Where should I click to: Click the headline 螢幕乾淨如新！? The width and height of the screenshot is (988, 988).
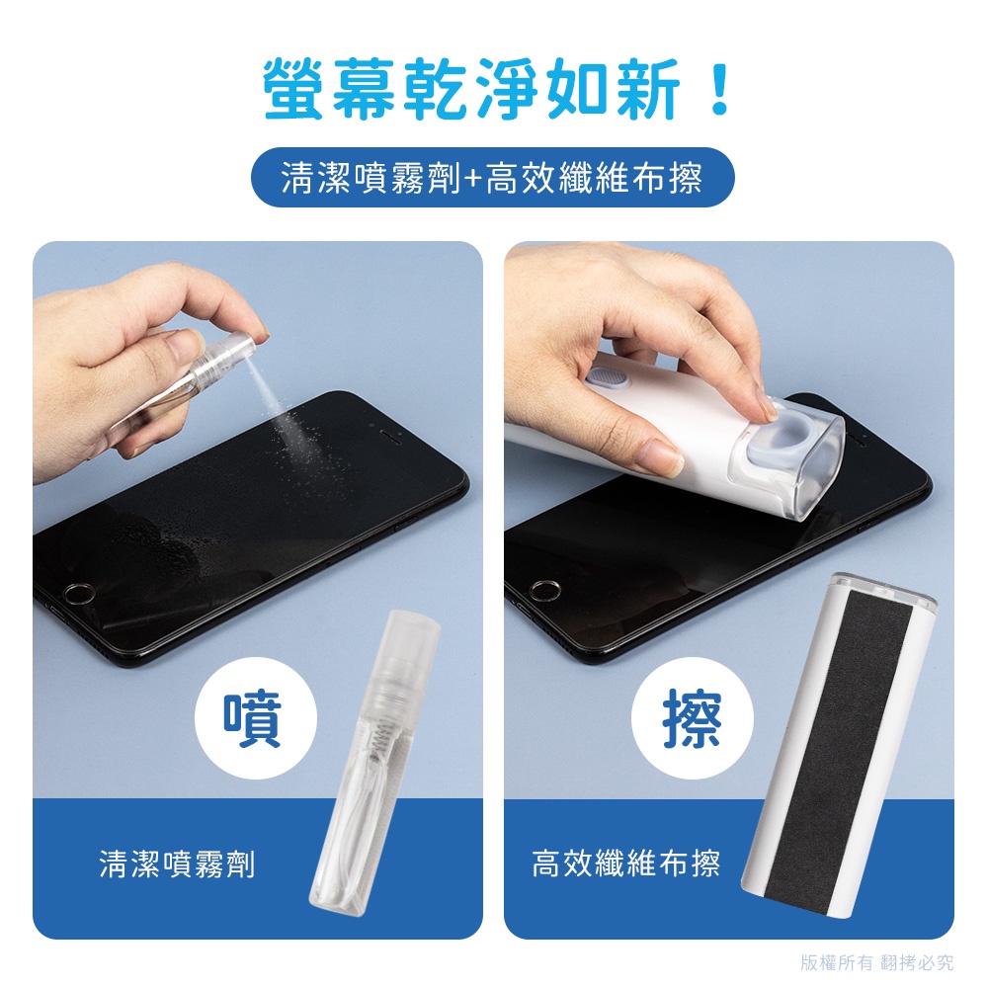(497, 89)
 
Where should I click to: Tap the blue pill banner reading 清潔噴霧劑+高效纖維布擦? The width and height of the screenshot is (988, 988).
(493, 177)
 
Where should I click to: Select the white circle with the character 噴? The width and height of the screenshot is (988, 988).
(255, 719)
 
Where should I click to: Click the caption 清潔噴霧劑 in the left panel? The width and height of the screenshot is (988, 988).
(177, 864)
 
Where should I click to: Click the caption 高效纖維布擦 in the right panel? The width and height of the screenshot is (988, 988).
(625, 864)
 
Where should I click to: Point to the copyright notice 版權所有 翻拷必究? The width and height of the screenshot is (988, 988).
(877, 962)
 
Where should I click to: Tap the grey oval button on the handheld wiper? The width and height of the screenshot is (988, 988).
(606, 380)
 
